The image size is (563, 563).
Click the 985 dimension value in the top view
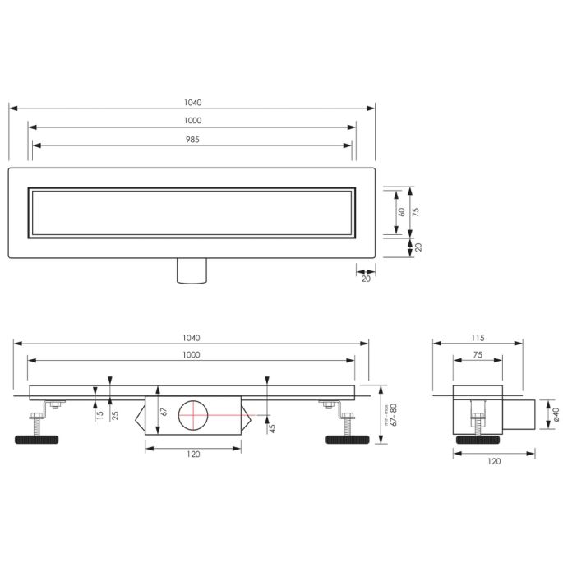[192, 139]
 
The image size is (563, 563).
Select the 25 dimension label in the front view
[115, 416]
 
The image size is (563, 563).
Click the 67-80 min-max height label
[394, 416]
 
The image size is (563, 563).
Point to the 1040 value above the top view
[192, 103]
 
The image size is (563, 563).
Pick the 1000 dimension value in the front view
[192, 354]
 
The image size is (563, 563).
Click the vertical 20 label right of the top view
[417, 247]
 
